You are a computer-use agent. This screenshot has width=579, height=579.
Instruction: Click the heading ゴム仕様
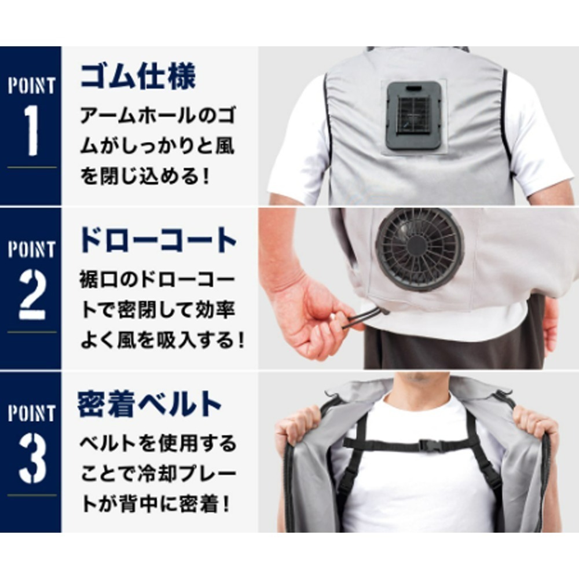coord(138,76)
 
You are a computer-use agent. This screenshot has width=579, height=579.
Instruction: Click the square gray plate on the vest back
coord(413,115)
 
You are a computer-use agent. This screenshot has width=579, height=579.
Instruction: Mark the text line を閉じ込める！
coord(144,175)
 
